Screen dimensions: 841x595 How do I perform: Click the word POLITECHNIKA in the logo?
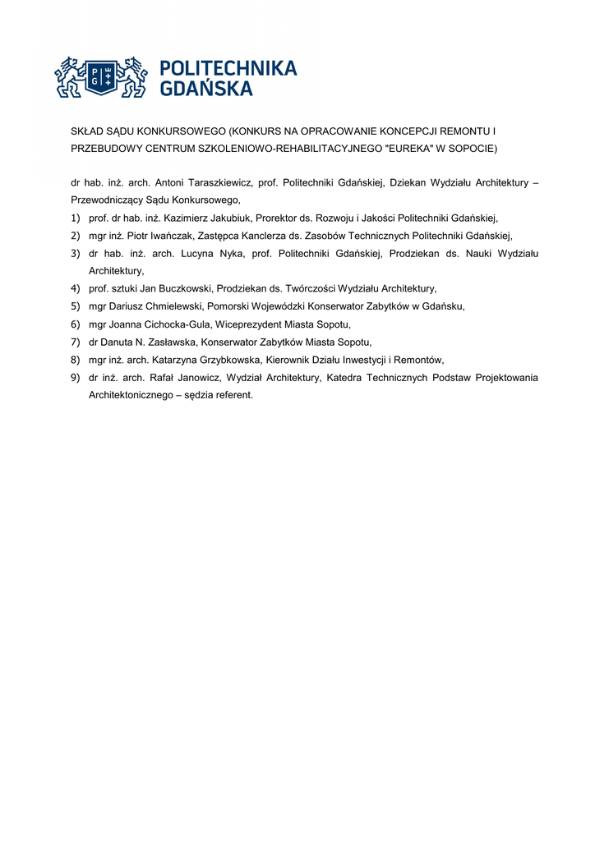(x=228, y=69)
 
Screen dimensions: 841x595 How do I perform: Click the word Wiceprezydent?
(x=247, y=324)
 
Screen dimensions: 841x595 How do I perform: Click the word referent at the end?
(x=233, y=394)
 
